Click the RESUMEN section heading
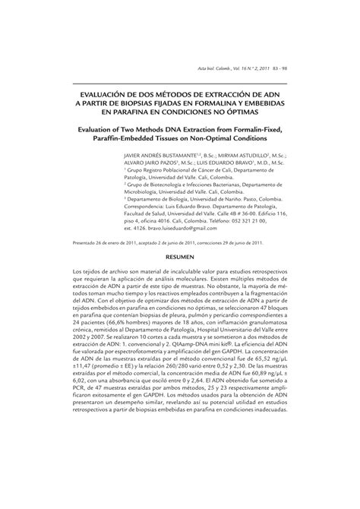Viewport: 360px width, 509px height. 179,258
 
